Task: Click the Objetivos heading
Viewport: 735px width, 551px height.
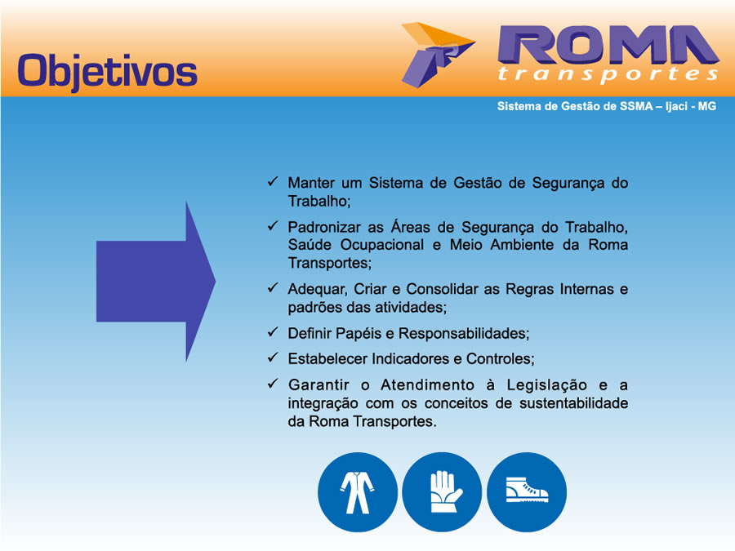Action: (107, 72)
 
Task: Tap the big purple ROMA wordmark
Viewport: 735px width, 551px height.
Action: (608, 45)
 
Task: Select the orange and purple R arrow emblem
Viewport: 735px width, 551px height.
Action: (439, 55)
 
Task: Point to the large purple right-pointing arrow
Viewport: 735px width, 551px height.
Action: (156, 282)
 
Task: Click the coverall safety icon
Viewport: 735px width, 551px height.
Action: (357, 492)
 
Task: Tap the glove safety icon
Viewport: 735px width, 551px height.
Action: (442, 492)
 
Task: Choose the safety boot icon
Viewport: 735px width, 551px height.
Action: (527, 492)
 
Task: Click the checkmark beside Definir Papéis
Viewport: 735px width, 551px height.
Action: (273, 332)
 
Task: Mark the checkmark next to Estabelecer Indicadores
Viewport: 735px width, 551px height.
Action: (273, 358)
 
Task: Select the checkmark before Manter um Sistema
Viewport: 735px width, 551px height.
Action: (273, 181)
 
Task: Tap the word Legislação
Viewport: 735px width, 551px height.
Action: (547, 385)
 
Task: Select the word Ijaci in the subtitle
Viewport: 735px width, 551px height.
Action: (676, 106)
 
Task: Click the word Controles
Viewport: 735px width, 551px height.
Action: (500, 359)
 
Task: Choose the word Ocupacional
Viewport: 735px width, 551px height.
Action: (382, 245)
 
